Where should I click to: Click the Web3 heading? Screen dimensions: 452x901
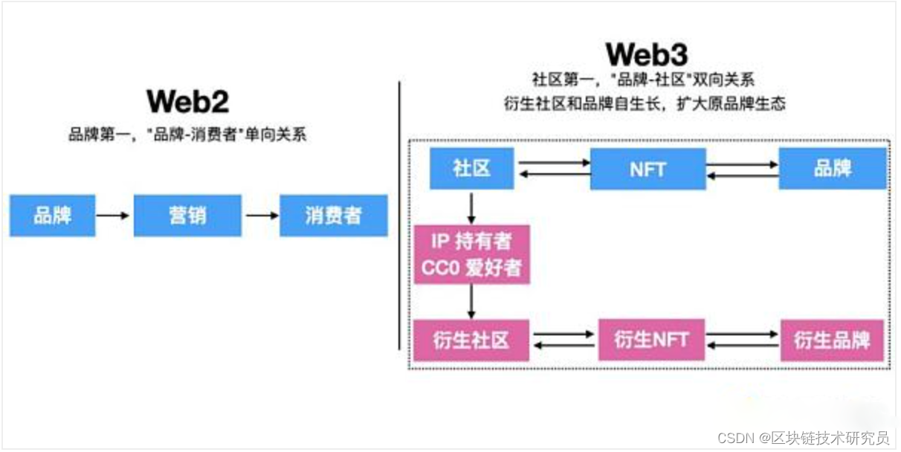click(x=646, y=54)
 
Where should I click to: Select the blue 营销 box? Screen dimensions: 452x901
click(x=187, y=216)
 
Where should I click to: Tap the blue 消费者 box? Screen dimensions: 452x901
click(x=333, y=216)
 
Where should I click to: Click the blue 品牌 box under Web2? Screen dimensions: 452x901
click(x=52, y=216)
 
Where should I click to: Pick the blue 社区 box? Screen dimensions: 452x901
click(x=472, y=168)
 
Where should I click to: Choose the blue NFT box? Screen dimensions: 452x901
click(x=648, y=168)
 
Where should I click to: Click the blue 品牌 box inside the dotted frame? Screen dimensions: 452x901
click(x=833, y=168)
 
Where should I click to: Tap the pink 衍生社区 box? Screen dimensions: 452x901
click(x=472, y=340)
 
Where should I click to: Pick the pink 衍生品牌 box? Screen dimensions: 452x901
click(x=832, y=340)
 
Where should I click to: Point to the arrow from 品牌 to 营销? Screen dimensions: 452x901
click(x=114, y=216)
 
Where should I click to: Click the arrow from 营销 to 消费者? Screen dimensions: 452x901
click(x=260, y=216)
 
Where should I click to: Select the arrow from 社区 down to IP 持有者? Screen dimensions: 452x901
click(x=472, y=206)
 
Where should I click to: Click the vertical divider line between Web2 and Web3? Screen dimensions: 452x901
click(x=400, y=216)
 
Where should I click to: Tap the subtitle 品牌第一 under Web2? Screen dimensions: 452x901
click(x=187, y=135)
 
